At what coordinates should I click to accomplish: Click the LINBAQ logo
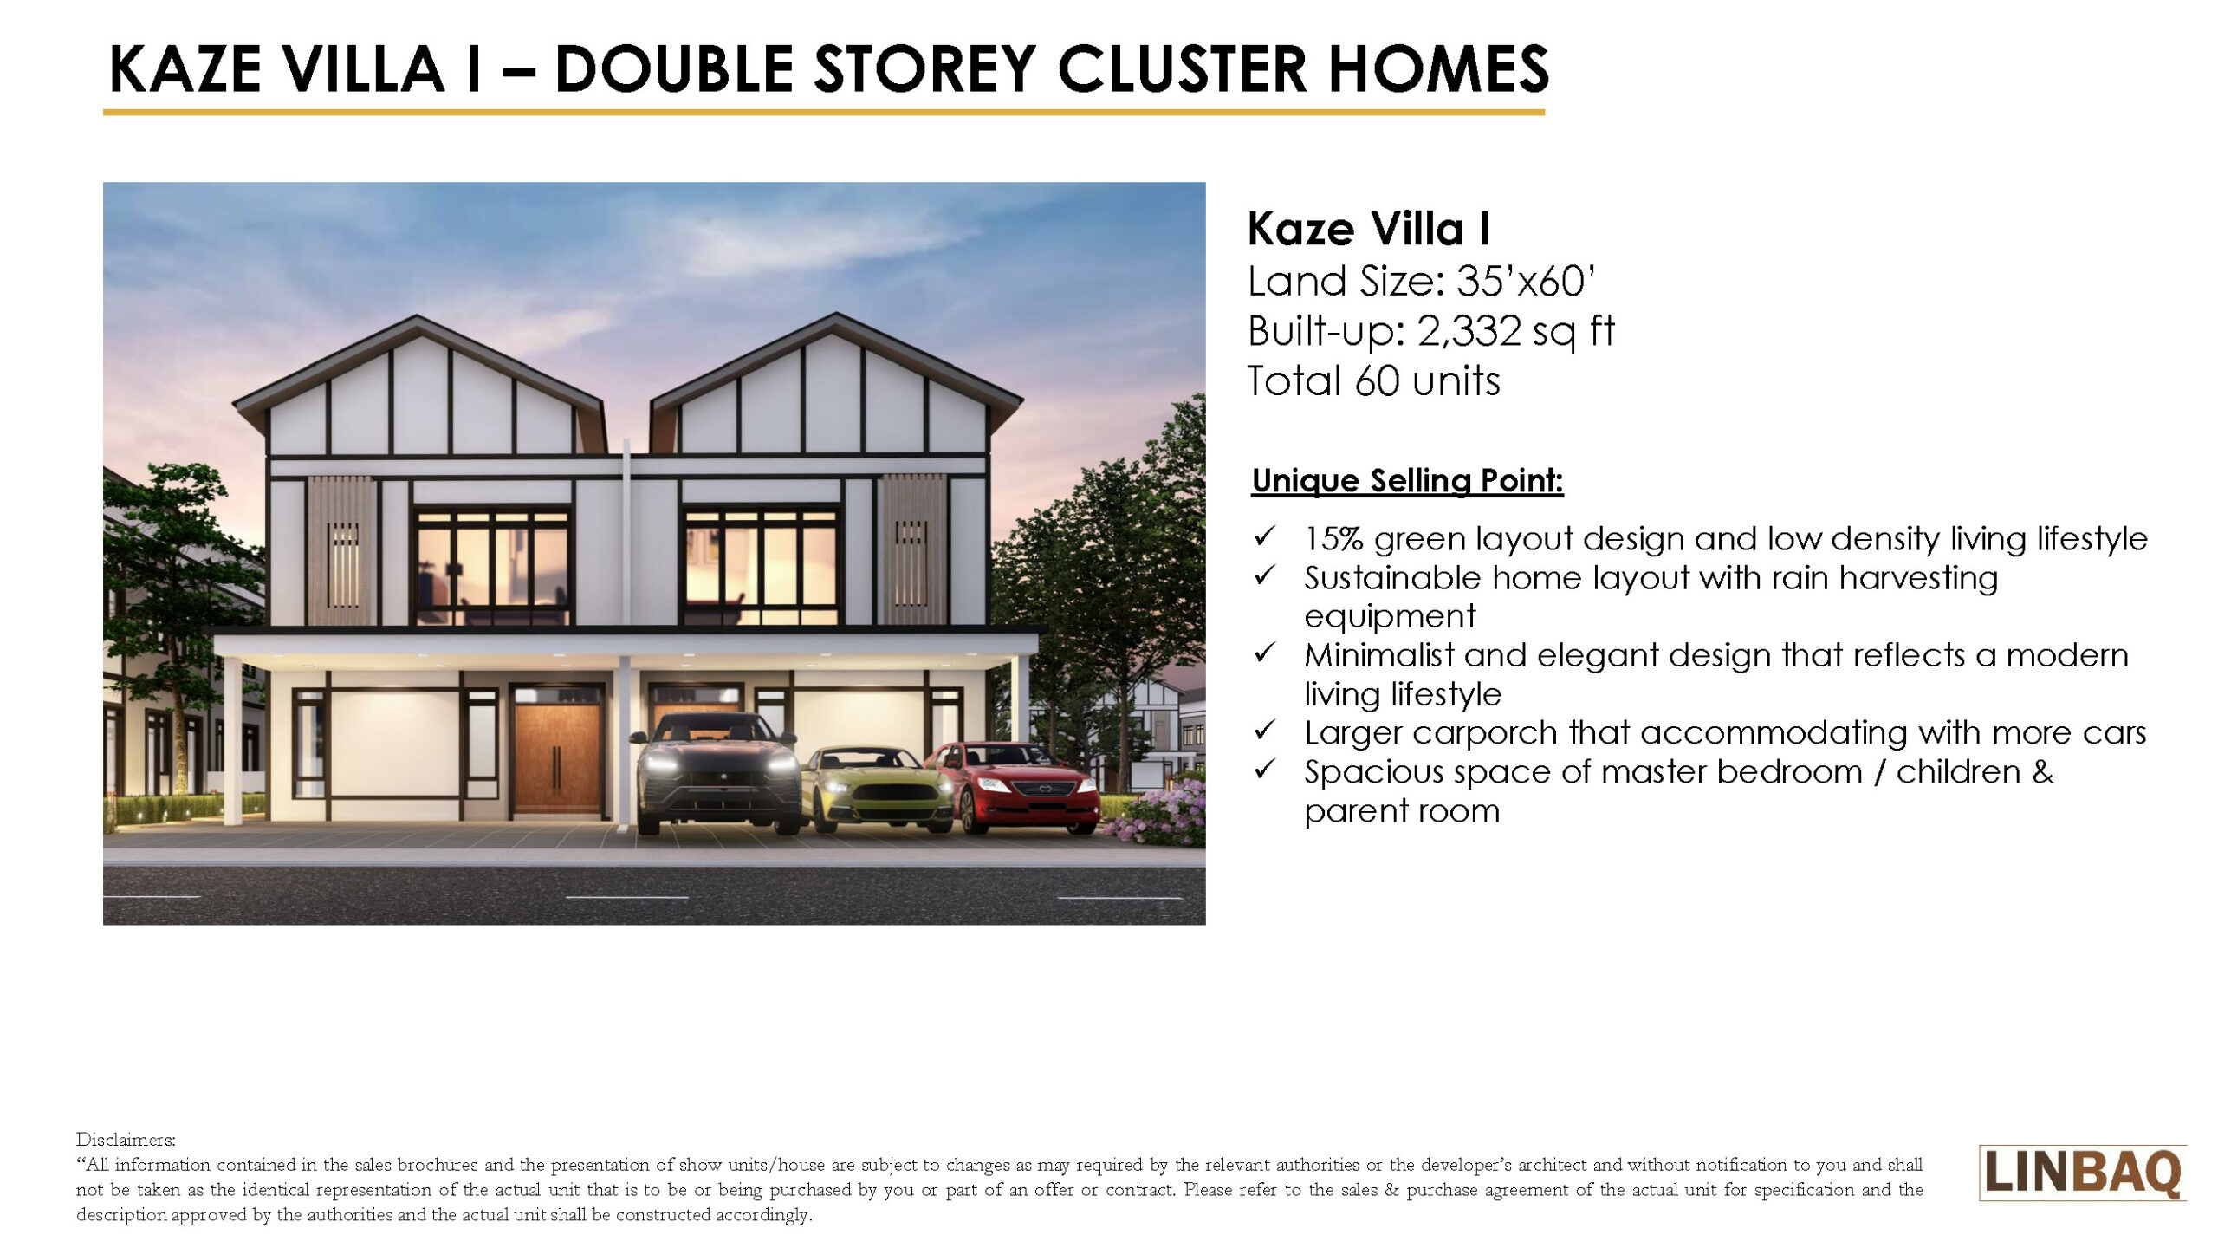(x=2083, y=1173)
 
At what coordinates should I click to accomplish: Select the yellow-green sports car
(x=877, y=789)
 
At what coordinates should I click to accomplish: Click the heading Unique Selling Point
(x=1408, y=480)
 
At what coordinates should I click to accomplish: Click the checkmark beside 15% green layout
(x=1265, y=536)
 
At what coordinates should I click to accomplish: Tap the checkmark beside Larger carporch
(x=1265, y=731)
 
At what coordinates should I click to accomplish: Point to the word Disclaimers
(x=126, y=1139)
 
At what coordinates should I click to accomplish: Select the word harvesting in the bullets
(x=1918, y=579)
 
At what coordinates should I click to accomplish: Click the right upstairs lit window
(x=761, y=567)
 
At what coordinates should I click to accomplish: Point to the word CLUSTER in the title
(x=1182, y=69)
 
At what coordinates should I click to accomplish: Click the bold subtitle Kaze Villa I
(x=1369, y=229)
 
